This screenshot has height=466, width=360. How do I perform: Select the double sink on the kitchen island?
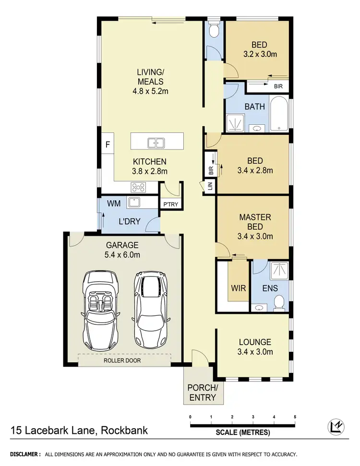pyautogui.click(x=156, y=142)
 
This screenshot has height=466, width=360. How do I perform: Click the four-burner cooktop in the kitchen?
pyautogui.click(x=139, y=187)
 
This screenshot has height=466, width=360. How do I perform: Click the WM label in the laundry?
pyautogui.click(x=113, y=203)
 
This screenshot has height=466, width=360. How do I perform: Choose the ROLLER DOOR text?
pyautogui.click(x=122, y=360)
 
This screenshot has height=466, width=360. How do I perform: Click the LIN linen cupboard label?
pyautogui.click(x=210, y=187)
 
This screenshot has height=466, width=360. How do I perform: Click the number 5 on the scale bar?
pyautogui.click(x=295, y=416)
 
